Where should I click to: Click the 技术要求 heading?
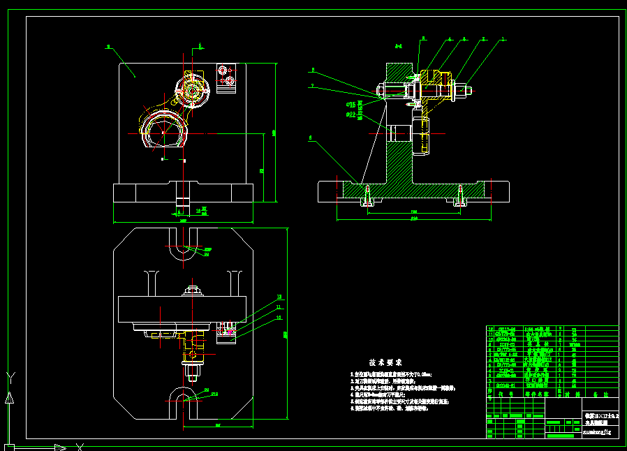pyautogui.click(x=386, y=363)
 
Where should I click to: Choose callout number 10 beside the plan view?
pyautogui.click(x=279, y=318)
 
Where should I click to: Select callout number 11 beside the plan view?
pyautogui.click(x=279, y=306)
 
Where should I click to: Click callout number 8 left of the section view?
pyautogui.click(x=313, y=70)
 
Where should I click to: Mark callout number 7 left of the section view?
pyautogui.click(x=312, y=86)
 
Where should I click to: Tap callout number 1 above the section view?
pyautogui.click(x=502, y=40)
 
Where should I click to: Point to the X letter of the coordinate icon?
pyautogui.click(x=80, y=446)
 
